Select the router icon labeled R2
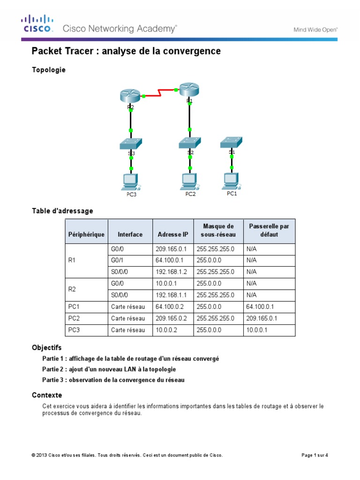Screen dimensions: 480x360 tap(130, 96)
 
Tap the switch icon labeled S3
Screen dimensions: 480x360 tap(131, 143)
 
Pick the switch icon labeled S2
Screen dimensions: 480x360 tap(189, 142)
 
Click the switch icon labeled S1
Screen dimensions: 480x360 tap(232, 142)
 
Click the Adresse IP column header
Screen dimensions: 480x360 tap(172, 234)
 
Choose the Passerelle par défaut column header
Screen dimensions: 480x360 tap(269, 230)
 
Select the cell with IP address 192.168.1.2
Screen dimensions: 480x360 tap(172, 272)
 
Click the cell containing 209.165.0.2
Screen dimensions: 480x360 tap(172, 319)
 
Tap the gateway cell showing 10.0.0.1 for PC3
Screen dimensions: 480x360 tap(269, 330)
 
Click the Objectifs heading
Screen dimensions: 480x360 tap(46, 348)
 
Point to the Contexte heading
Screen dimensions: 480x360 tap(47, 395)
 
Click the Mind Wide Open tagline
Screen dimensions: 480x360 tap(315, 29)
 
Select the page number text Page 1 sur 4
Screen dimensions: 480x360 tap(314, 455)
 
